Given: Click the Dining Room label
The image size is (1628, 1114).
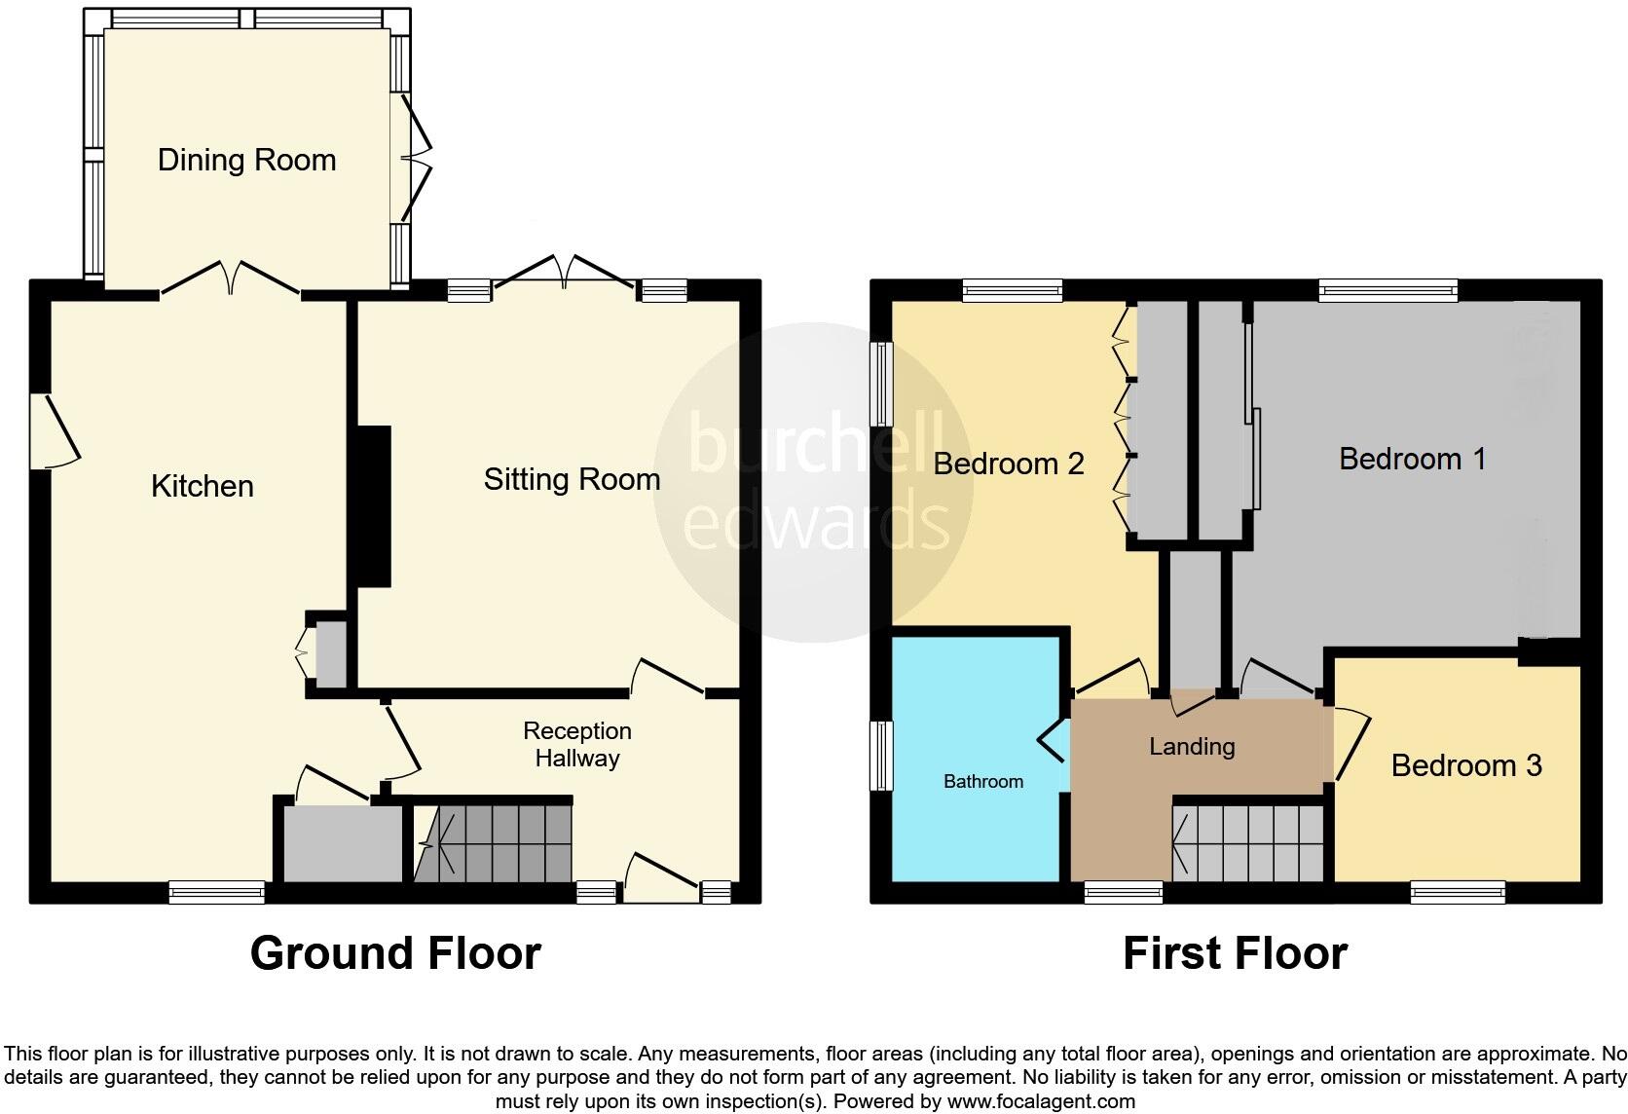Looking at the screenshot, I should click(246, 160).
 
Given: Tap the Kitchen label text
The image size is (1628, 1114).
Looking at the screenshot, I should click(203, 486).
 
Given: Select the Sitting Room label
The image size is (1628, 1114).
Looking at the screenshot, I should click(572, 479).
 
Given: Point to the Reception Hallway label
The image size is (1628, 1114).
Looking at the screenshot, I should click(577, 744).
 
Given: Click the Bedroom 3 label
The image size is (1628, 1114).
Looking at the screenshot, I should click(1465, 765).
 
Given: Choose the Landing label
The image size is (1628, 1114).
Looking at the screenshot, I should click(1192, 747).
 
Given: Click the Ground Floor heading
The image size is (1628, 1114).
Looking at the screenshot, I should click(395, 953).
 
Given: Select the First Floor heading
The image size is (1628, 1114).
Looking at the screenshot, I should click(1235, 953).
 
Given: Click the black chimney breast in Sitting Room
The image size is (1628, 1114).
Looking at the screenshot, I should click(373, 506).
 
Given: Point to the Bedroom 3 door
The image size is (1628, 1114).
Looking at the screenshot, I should click(1351, 745).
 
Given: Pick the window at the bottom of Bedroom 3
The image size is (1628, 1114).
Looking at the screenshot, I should click(1458, 892).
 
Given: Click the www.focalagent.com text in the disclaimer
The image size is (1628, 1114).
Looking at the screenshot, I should click(1041, 1102).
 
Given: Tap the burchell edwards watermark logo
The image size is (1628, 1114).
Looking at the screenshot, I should click(814, 483).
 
